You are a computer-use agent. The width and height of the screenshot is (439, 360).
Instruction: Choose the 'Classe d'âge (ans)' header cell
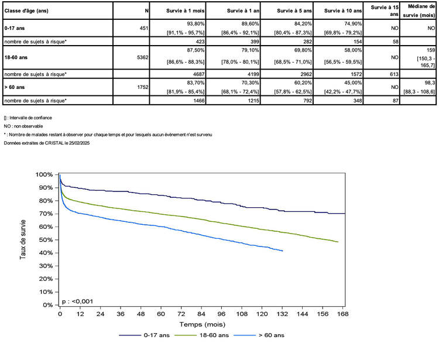(29, 11)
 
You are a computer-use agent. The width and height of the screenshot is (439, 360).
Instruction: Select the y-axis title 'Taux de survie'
(23, 240)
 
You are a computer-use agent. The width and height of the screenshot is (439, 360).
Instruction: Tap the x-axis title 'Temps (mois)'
(203, 324)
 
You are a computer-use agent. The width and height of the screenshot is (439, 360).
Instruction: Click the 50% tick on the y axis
(47, 240)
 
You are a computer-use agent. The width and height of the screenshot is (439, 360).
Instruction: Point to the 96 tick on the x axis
(222, 314)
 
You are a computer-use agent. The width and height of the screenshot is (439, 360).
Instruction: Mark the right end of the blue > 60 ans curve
(283, 251)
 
